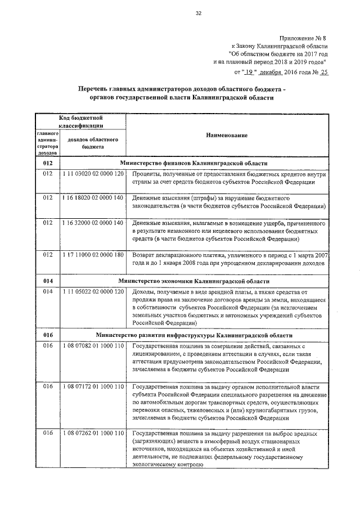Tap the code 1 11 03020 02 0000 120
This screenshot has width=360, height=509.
pos(93,174)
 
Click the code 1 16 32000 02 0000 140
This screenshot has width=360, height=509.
pos(93,223)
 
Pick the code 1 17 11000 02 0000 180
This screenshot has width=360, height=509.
pos(93,255)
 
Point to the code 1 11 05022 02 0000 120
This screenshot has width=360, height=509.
pos(93,292)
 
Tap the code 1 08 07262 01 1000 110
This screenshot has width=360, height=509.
pos(93,434)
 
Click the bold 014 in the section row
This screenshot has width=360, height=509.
pos(47,281)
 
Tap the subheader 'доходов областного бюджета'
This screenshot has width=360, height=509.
pos(92,142)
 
